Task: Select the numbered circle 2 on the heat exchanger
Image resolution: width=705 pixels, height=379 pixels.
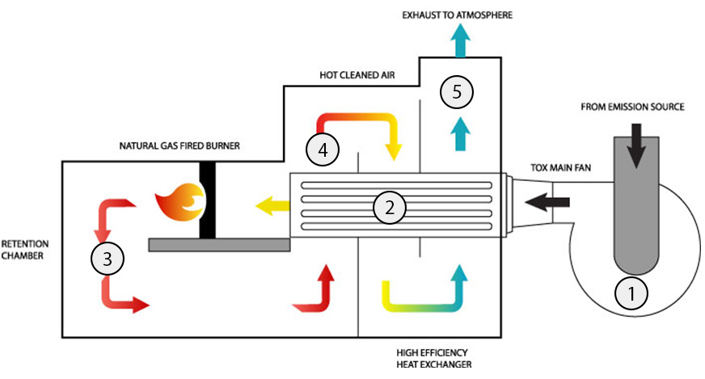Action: click(389, 208)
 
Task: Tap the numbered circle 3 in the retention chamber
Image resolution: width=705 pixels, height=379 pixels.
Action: click(107, 259)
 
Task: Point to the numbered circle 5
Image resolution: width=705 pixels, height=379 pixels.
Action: click(457, 92)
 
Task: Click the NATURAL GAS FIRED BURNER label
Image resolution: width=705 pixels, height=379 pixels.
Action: click(179, 146)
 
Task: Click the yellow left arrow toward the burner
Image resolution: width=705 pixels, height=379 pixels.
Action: click(270, 207)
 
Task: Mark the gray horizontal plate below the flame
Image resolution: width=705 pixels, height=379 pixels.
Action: click(219, 245)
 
